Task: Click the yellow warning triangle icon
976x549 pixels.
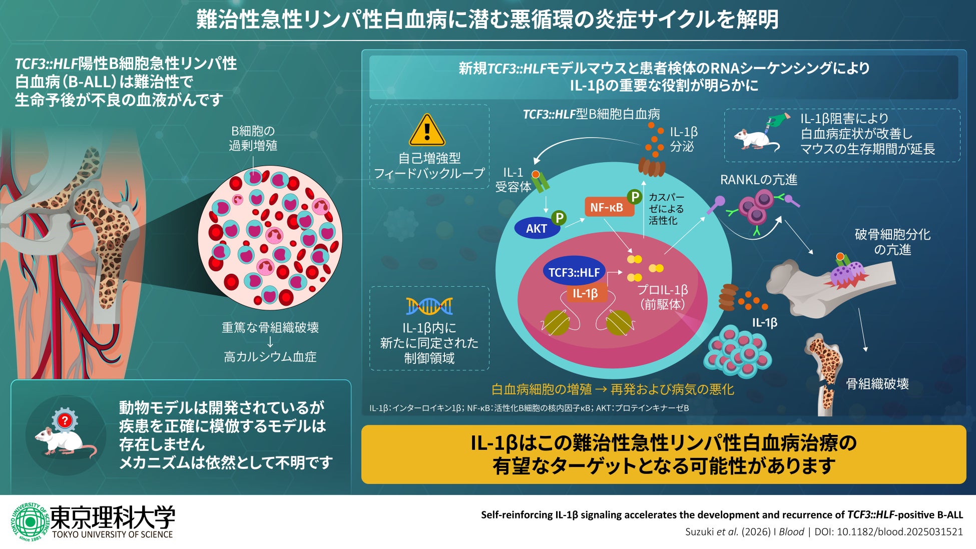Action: (427, 131)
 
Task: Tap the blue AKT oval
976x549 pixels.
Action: (536, 228)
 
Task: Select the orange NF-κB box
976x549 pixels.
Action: (606, 207)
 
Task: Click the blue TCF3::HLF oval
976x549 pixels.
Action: (574, 272)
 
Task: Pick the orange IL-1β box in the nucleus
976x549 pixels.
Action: (585, 293)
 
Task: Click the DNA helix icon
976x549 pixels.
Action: (429, 306)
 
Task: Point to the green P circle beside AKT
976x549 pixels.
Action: (559, 218)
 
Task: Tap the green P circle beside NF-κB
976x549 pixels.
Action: (634, 197)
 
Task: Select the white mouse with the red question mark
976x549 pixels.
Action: (65, 436)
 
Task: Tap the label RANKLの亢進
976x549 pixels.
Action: (758, 180)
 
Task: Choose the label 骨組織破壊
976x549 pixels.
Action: (877, 384)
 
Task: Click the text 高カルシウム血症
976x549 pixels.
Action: (270, 357)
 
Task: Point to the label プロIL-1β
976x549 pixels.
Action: (662, 290)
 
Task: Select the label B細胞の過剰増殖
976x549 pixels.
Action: (253, 138)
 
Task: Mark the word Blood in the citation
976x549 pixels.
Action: (791, 532)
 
